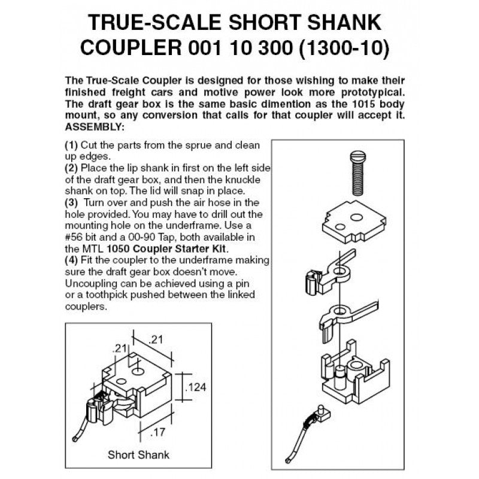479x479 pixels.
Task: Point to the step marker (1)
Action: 71,145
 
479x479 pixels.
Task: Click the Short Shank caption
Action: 138,454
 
